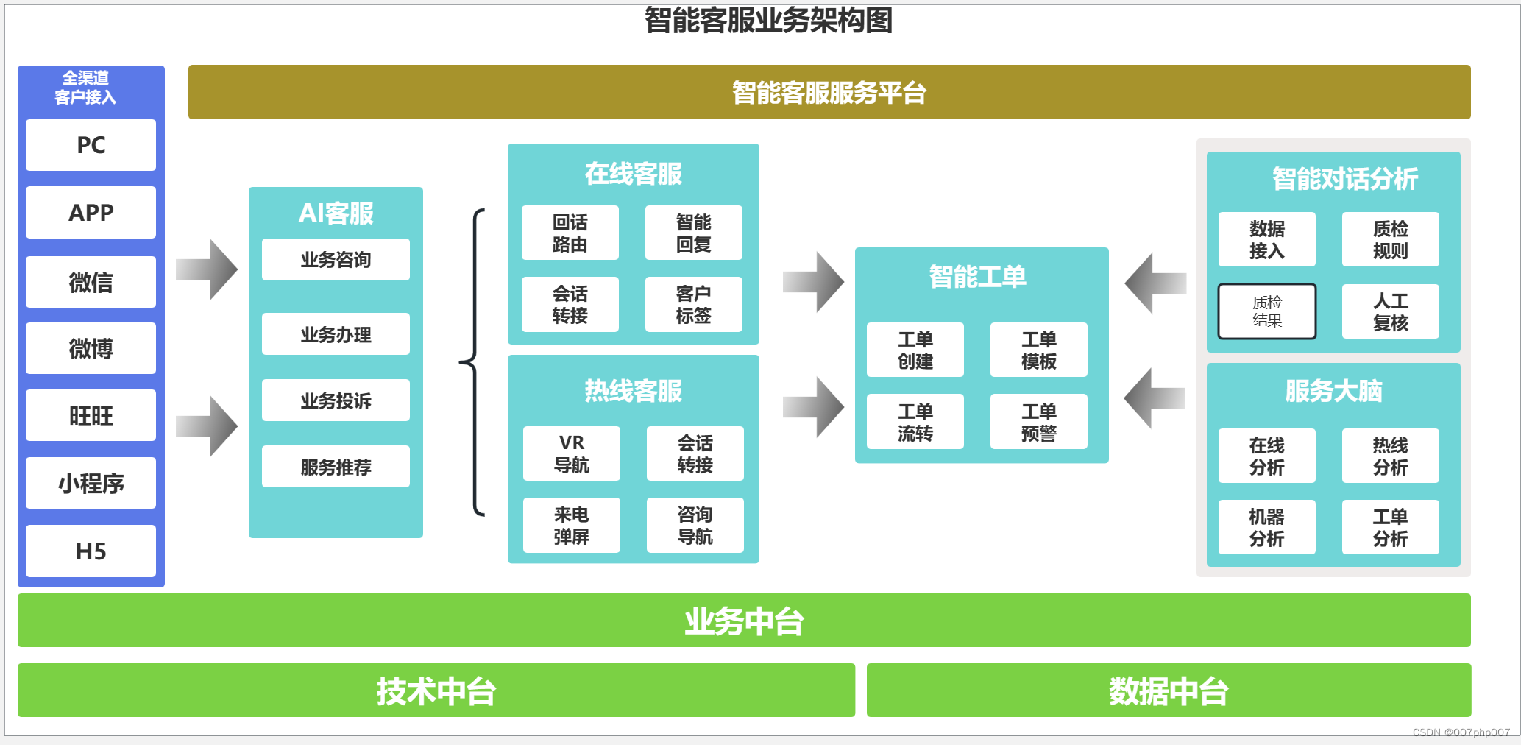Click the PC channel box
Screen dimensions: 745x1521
[91, 145]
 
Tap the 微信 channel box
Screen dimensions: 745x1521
[91, 282]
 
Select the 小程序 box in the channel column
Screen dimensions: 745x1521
[91, 483]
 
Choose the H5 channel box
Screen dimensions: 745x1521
[91, 551]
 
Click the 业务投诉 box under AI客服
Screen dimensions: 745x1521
[336, 400]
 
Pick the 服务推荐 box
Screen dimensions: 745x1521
[336, 467]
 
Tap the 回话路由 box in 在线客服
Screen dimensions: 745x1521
[570, 233]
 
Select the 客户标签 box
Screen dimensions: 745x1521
[693, 304]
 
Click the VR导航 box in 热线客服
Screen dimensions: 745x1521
[571, 453]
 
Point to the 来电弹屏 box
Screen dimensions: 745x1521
[571, 525]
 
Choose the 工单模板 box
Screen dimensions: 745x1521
[1038, 350]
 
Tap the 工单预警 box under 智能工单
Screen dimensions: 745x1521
[1038, 422]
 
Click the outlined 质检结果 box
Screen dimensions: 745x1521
[1266, 311]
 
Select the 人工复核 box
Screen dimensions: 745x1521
[1390, 311]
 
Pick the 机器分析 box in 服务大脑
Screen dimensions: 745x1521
[1266, 527]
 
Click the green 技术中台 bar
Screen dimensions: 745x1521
[436, 691]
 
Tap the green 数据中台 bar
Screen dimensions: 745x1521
[1169, 691]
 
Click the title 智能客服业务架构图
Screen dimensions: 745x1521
[768, 20]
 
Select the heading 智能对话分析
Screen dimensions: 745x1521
[1344, 179]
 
